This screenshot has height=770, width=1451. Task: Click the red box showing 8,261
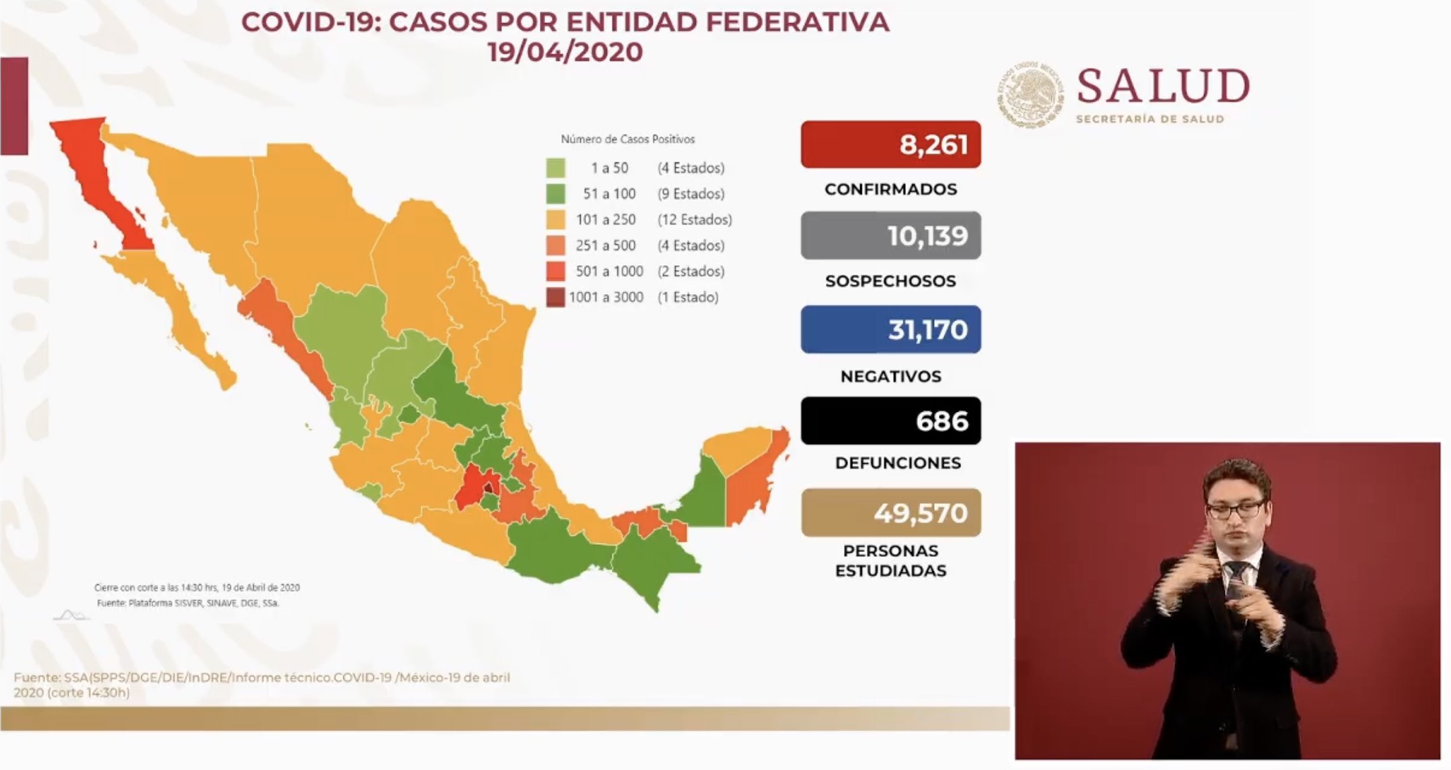coord(890,145)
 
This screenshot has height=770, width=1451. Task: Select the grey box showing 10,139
coord(890,236)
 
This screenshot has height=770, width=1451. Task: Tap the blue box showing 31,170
coord(890,330)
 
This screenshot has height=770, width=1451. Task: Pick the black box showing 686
coord(890,421)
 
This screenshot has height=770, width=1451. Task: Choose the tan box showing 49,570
coord(890,513)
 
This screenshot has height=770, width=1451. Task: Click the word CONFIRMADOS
coord(890,189)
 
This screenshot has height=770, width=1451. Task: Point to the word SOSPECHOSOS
coord(890,281)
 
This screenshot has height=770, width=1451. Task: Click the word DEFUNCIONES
coord(898,463)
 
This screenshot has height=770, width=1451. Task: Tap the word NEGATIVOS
coord(890,376)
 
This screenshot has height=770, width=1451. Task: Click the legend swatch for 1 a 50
coord(556,168)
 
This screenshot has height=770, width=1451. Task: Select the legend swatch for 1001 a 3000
coord(556,297)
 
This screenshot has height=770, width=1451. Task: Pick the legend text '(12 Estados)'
coord(695,219)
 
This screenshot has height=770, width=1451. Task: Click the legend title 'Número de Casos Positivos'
coord(627,139)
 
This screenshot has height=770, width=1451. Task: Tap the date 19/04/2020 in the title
coord(565,52)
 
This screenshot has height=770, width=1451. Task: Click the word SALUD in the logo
coord(1163,87)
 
